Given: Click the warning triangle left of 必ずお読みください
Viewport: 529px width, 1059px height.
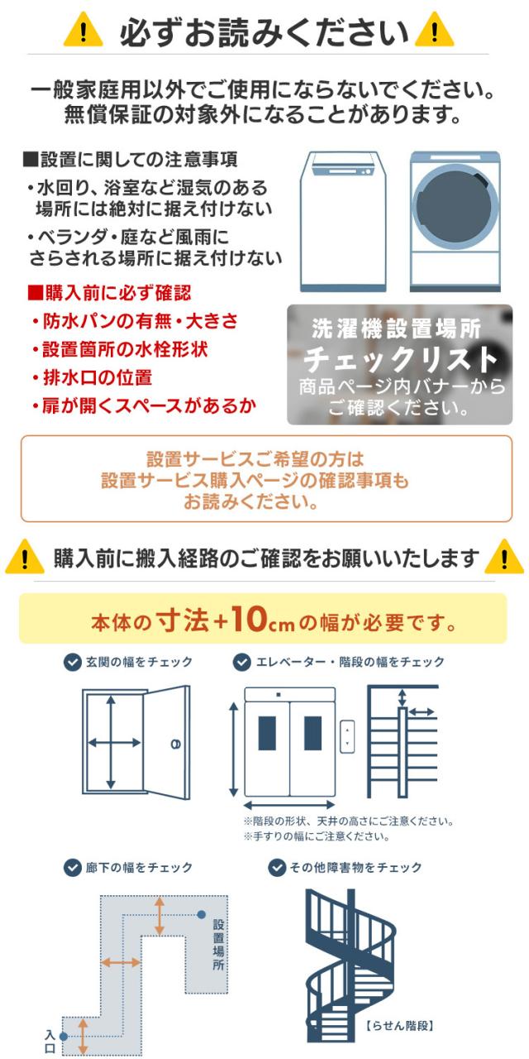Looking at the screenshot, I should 83,32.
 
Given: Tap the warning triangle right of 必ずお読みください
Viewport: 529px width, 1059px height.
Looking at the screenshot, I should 435,32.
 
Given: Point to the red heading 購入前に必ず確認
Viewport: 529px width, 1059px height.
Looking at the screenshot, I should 109,294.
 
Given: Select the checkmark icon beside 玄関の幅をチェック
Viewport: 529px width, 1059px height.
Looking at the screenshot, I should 72,662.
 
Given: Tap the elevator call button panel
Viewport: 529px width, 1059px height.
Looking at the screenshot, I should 348,736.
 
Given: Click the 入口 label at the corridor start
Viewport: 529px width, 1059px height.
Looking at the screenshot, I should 50,1040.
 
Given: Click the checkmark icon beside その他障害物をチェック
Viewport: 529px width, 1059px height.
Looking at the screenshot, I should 277,867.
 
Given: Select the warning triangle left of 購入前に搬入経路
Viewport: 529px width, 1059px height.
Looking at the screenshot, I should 25,559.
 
